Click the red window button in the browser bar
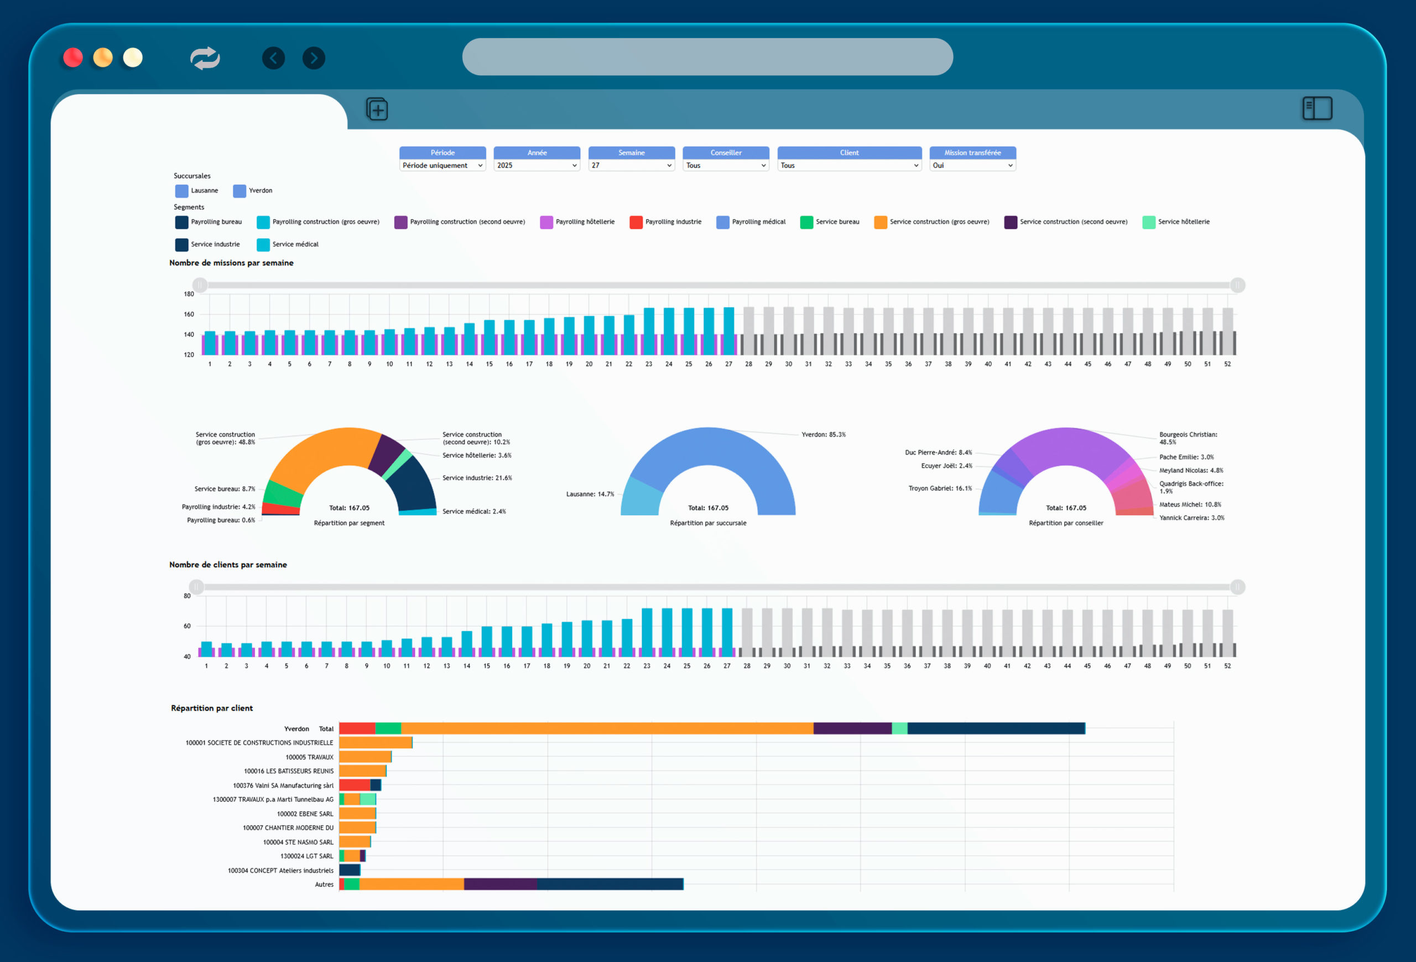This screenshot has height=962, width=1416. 73,58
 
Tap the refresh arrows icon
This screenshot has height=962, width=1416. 205,58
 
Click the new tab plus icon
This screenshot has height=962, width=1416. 377,110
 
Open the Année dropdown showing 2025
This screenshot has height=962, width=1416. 537,165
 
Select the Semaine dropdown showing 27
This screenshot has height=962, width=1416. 631,165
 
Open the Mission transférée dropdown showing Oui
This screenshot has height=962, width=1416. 972,165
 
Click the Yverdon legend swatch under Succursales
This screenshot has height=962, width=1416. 240,191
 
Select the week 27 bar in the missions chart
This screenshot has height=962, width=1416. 728,330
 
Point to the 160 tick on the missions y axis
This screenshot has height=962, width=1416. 189,314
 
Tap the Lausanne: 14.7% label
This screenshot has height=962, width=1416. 590,494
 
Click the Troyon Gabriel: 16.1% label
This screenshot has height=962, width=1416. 940,488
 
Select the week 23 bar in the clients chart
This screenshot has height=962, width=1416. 647,631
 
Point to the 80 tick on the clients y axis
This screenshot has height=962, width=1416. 187,596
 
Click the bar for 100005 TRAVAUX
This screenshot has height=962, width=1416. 365,757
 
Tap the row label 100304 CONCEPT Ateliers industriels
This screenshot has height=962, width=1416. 280,871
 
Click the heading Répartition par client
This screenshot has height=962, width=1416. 211,708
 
